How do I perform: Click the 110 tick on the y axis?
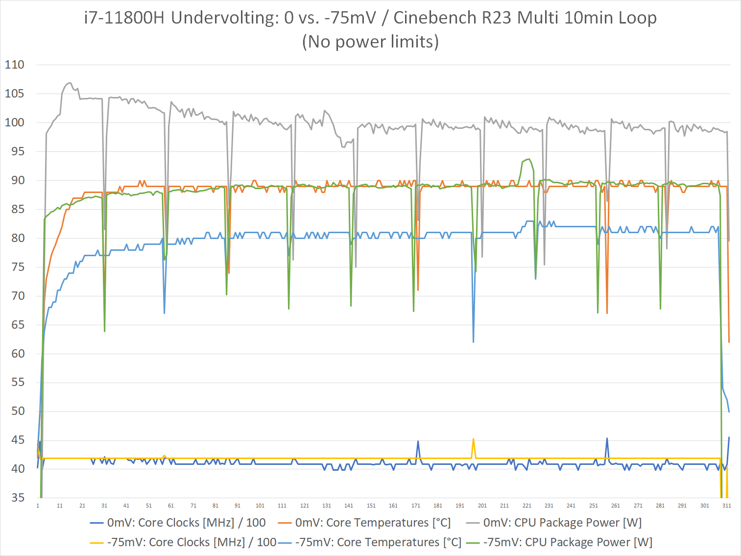pyautogui.click(x=14, y=65)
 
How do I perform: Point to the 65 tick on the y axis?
pyautogui.click(x=14, y=325)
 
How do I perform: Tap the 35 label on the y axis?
pyautogui.click(x=14, y=498)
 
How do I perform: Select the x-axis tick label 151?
pyautogui.click(x=371, y=506)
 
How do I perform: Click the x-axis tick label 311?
pyautogui.click(x=726, y=506)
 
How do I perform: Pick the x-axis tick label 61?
pyautogui.click(x=171, y=506)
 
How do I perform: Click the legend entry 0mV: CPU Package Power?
pyautogui.click(x=562, y=523)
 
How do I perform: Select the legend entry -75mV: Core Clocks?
pyautogui.click(x=191, y=542)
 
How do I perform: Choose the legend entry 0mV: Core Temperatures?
pyautogui.click(x=372, y=523)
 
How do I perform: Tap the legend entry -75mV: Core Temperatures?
pyautogui.click(x=378, y=542)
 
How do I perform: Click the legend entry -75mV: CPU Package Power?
pyautogui.click(x=567, y=542)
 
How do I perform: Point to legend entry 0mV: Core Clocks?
pyautogui.click(x=186, y=523)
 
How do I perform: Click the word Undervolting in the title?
pyautogui.click(x=225, y=18)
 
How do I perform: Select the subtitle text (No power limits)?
pyautogui.click(x=370, y=42)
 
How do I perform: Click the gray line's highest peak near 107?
pyautogui.click(x=69, y=83)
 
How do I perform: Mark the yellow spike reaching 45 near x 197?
pyautogui.click(x=473, y=439)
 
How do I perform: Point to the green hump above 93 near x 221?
pyautogui.click(x=528, y=159)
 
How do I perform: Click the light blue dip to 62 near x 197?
pyautogui.click(x=473, y=341)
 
